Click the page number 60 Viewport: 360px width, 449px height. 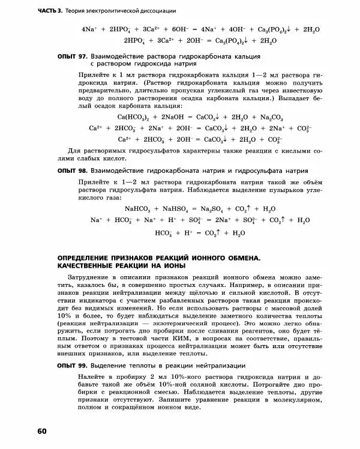[x=41, y=432]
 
